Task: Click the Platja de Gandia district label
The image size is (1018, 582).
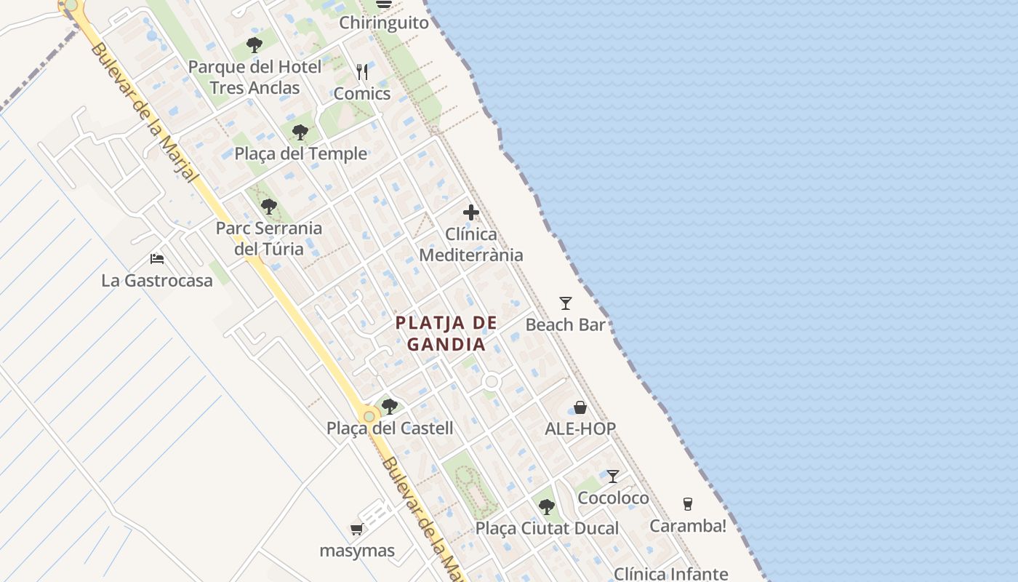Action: pos(446,333)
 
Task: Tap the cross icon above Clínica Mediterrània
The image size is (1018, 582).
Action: pos(471,213)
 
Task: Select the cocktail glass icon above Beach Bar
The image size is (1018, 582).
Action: pos(566,303)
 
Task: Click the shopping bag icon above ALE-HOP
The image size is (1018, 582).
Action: pos(580,407)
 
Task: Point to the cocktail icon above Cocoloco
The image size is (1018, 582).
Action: pos(613,477)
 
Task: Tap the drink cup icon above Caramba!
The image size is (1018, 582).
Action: pos(687,503)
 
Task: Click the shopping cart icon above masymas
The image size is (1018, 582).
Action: pos(356,529)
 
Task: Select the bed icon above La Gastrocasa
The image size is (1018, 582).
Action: pos(157,258)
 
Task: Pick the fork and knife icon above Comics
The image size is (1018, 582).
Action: pos(362,72)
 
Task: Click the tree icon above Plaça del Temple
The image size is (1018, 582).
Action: pos(300,132)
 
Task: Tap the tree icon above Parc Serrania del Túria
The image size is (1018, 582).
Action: pos(269,207)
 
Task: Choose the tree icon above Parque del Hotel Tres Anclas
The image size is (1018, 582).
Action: pos(254,45)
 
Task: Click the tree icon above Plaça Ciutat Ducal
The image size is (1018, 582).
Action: pos(547,507)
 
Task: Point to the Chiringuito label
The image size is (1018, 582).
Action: pos(384,23)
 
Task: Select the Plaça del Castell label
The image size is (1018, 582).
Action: pos(390,428)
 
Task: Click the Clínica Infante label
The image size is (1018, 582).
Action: pos(670,574)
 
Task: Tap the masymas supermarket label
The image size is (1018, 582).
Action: pos(357,551)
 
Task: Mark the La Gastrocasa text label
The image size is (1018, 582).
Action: pos(157,280)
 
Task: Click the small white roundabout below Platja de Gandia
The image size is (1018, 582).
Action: pos(492,381)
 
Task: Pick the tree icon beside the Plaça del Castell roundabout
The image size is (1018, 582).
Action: pos(390,406)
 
